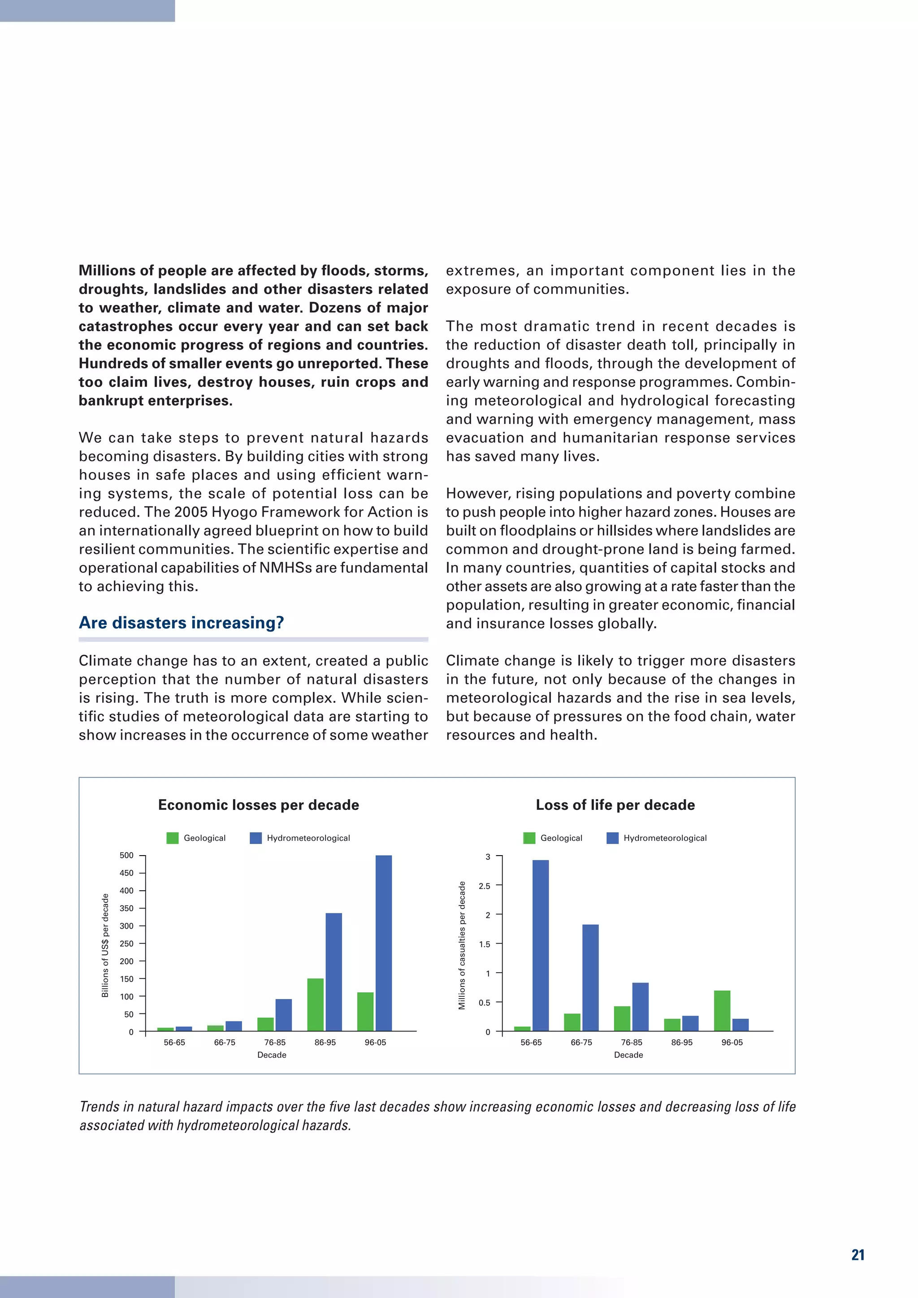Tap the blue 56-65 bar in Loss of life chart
pos(541,945)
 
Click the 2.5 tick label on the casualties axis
pos(485,886)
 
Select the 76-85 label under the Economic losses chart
pos(275,1043)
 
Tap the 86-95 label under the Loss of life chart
pos(682,1043)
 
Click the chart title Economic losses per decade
pos(258,805)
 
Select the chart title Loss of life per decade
pos(615,805)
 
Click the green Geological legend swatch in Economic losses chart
pos(173,838)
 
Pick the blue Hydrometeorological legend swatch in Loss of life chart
pos(612,838)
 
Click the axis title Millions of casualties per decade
pos(462,945)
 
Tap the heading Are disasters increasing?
pos(181,623)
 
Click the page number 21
pos(857,1255)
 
